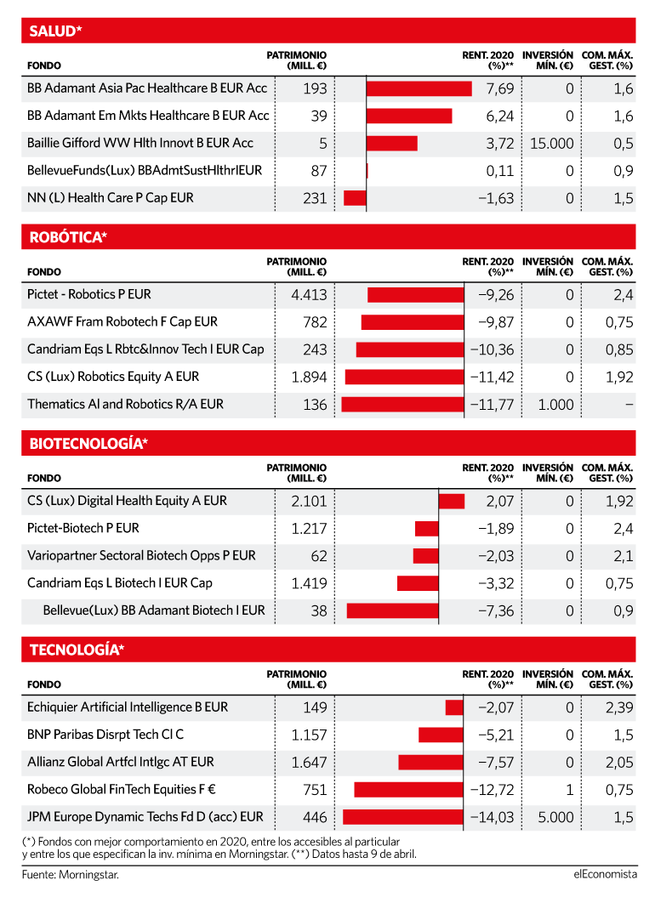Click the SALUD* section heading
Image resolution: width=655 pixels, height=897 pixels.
click(55, 31)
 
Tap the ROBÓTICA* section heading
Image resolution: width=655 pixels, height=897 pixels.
click(68, 237)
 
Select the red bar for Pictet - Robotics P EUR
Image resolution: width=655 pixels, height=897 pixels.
click(416, 295)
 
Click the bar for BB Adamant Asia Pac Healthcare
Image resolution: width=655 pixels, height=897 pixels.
click(419, 88)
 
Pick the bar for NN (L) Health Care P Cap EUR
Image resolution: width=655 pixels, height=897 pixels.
click(355, 198)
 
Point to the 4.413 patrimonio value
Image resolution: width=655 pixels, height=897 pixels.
click(309, 295)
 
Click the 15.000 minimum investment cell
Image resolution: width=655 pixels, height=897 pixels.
click(552, 143)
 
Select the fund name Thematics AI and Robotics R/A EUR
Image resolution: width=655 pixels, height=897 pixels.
click(125, 404)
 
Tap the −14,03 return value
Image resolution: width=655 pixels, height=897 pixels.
click(493, 817)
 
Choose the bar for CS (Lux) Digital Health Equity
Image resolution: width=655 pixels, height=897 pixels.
click(452, 501)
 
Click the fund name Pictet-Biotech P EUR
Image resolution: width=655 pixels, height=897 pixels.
click(83, 528)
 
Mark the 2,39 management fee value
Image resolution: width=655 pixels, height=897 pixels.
click(619, 707)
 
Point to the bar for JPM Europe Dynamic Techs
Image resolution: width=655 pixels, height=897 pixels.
click(403, 817)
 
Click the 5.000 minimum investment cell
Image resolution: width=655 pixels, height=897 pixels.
click(556, 817)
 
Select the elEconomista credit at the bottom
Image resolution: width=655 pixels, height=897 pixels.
click(605, 874)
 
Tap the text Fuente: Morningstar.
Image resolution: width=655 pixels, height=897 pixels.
click(71, 874)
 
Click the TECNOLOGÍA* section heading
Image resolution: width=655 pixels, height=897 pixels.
click(77, 650)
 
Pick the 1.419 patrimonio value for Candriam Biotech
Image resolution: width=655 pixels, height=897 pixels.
click(309, 583)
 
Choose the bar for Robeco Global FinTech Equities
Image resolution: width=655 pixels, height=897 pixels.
click(409, 790)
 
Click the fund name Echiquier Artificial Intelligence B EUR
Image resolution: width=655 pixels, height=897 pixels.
click(128, 707)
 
